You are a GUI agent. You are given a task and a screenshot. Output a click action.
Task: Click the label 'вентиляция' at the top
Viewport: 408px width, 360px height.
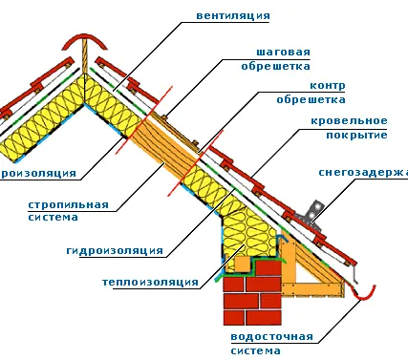231,16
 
